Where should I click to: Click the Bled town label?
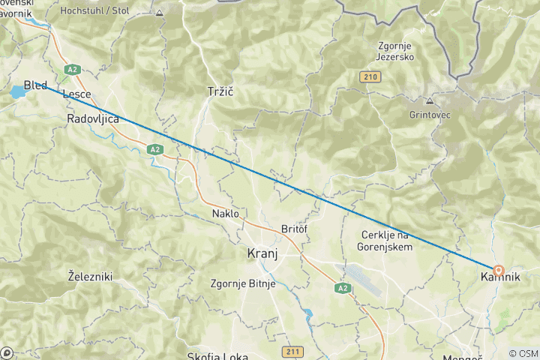(x=35, y=84)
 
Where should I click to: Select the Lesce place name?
(x=77, y=94)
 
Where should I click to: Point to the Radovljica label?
(x=93, y=119)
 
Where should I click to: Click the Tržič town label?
(x=221, y=91)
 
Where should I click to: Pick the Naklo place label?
(x=224, y=214)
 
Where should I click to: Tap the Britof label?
(x=295, y=229)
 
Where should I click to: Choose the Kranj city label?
(x=262, y=253)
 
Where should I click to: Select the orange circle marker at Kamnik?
(x=498, y=269)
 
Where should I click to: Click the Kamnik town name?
(x=499, y=277)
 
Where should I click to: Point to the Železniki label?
(x=90, y=277)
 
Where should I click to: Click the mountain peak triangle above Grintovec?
(x=430, y=100)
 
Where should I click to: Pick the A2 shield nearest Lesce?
(x=72, y=70)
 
